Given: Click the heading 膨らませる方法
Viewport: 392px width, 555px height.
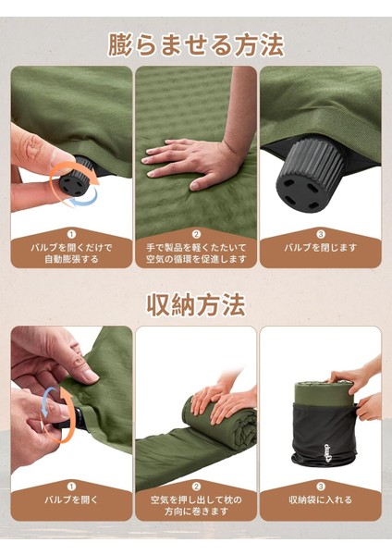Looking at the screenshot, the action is click(x=196, y=45).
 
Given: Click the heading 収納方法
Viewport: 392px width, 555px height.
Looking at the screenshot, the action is click(x=196, y=304).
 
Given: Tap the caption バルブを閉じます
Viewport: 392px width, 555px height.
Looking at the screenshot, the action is click(x=321, y=247).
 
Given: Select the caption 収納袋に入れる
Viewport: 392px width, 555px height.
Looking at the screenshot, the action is click(x=321, y=499).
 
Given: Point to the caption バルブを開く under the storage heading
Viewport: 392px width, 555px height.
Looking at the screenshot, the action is click(x=71, y=499).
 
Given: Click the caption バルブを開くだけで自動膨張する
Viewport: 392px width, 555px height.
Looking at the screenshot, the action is click(x=71, y=253).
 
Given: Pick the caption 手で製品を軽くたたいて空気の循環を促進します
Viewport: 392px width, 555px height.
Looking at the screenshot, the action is click(x=196, y=253).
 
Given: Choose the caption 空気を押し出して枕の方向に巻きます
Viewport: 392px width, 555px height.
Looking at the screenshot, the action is click(x=196, y=505).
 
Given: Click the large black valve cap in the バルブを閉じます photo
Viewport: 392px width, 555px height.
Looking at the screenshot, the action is click(x=309, y=175).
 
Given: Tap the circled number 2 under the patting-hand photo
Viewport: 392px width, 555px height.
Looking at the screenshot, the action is click(x=196, y=234).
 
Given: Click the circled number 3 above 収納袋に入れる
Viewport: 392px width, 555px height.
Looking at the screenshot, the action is click(x=321, y=487).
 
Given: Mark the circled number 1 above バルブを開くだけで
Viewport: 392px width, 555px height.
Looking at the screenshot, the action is click(x=71, y=234).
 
